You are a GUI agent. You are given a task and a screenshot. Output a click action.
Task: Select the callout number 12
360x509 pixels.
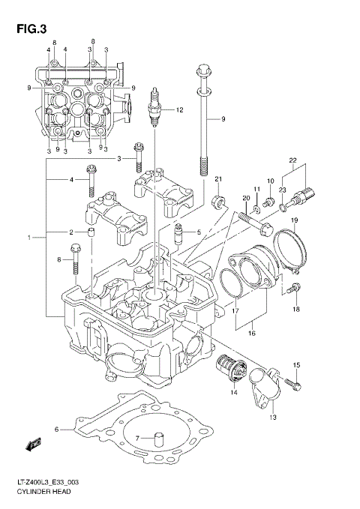click(179, 110)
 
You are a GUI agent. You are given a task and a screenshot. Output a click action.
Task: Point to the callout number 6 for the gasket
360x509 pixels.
click(56, 430)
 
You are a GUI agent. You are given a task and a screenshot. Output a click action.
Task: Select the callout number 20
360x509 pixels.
click(246, 198)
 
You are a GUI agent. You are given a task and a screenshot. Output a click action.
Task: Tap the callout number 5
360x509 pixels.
click(198, 232)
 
